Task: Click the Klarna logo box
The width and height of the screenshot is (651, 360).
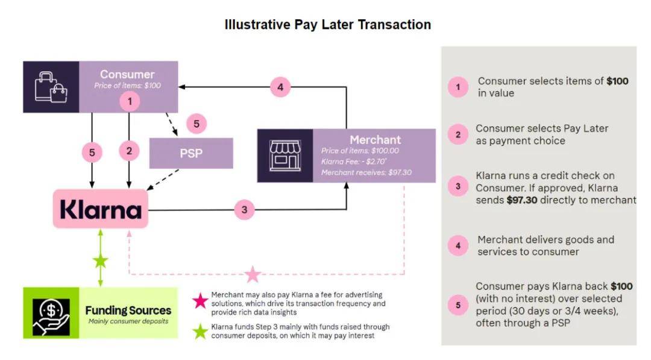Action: point(101,209)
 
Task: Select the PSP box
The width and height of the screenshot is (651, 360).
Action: point(191,153)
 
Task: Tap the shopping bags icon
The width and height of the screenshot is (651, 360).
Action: point(51,87)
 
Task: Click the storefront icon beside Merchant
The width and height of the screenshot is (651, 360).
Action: point(285,156)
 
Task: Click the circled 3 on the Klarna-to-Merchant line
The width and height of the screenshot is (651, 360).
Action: point(244,210)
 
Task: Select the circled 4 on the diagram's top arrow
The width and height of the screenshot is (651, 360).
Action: point(280,87)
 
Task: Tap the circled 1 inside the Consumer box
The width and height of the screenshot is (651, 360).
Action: point(130,101)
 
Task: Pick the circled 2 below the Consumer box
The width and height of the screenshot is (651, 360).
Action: point(129,151)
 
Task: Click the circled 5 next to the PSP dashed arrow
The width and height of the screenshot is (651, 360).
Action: point(197,124)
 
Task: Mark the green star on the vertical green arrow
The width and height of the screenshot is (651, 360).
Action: point(101,261)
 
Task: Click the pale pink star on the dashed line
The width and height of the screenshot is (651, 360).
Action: point(253,274)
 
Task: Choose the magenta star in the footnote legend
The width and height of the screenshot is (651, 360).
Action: point(200,301)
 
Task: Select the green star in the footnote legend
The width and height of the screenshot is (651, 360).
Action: point(200,331)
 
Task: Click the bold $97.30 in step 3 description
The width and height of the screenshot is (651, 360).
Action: point(522,200)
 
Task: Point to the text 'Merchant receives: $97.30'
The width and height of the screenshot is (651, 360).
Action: point(366,172)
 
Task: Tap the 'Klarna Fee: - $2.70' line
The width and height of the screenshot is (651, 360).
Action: point(354,162)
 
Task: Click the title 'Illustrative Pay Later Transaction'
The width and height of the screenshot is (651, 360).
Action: point(327,25)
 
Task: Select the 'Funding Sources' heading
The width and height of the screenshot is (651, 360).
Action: point(128,310)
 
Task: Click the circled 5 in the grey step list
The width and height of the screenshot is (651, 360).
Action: point(458,305)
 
